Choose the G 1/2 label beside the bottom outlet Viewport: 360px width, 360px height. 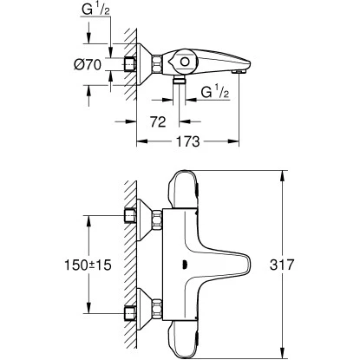point(216,91)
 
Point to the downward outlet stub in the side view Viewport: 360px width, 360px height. point(181,81)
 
